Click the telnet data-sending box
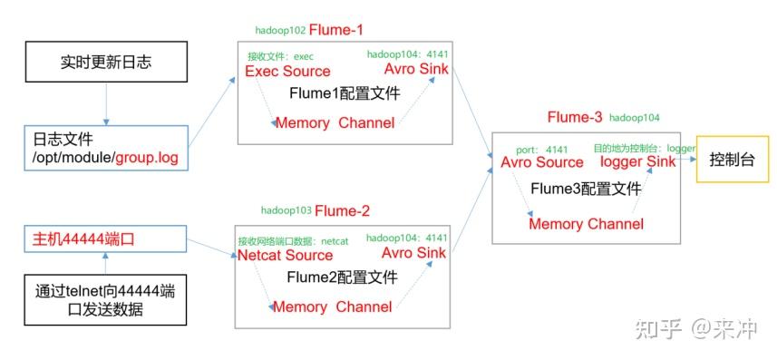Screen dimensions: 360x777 pyautogui.click(x=106, y=301)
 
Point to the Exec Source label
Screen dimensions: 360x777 pyautogui.click(x=288, y=71)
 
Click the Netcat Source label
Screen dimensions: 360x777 pyautogui.click(x=285, y=255)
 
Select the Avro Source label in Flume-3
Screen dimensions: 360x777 pyautogui.click(x=541, y=162)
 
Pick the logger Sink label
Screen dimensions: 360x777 pyautogui.click(x=637, y=162)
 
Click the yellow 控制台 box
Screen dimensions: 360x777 pyautogui.click(x=731, y=159)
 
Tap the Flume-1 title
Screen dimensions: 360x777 pyautogui.click(x=336, y=30)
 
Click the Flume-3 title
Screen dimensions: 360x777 pyautogui.click(x=574, y=118)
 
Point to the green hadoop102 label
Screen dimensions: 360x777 pyautogui.click(x=279, y=31)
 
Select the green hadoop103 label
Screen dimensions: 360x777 pyautogui.click(x=286, y=210)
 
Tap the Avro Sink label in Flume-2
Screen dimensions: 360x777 pyautogui.click(x=413, y=253)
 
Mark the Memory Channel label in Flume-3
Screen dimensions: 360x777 pyautogui.click(x=586, y=223)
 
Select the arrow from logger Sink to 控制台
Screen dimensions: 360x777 pyautogui.click(x=685, y=161)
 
